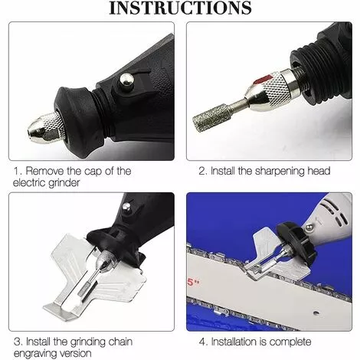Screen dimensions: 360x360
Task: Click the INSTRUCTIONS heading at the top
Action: coord(180,8)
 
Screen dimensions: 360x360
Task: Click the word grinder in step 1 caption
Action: coord(64,183)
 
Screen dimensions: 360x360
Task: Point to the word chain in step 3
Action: coord(120,342)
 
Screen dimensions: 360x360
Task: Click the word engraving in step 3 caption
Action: coord(35,354)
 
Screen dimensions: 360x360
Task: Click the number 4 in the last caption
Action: coord(202,342)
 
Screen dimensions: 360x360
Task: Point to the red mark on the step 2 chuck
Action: coord(263,80)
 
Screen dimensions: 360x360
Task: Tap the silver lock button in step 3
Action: coord(126,207)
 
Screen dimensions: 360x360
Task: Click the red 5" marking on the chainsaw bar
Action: coord(193,283)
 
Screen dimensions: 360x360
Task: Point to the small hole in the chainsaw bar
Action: coord(316,313)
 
